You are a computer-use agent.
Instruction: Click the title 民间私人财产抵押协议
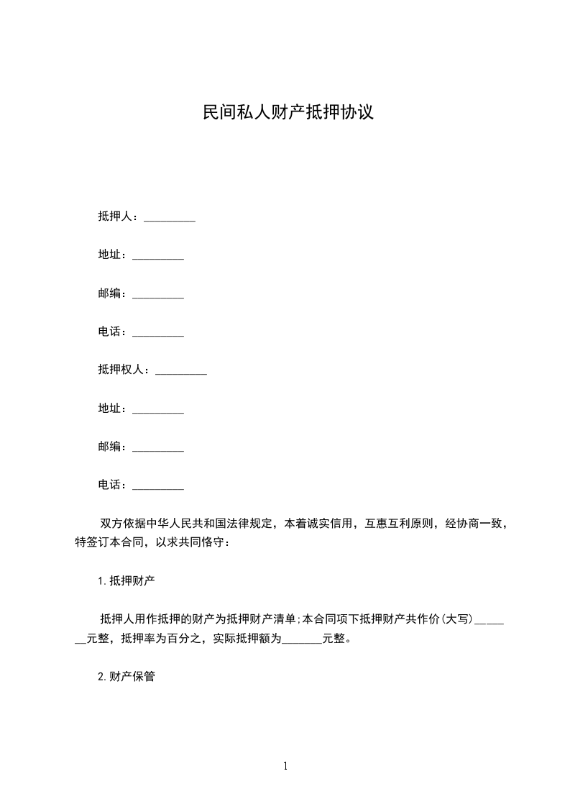[x=288, y=113]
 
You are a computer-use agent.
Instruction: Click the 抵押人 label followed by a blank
[x=116, y=216]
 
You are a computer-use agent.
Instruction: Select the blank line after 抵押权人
[x=181, y=370]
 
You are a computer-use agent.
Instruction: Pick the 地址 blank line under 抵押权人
[x=159, y=409]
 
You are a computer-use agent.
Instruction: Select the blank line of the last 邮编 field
[x=159, y=447]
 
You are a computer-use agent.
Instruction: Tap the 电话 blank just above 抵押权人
[x=159, y=332]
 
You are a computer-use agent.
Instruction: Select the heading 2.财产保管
[x=127, y=676]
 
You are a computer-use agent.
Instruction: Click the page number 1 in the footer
[x=285, y=767]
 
